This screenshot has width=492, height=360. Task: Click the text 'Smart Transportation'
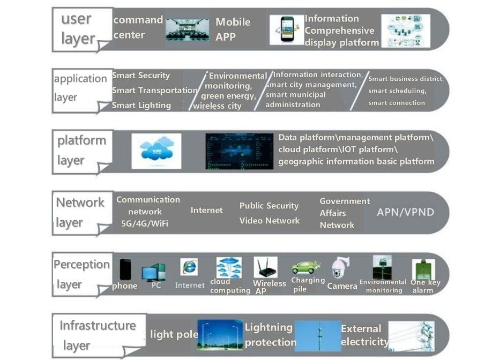point(154,91)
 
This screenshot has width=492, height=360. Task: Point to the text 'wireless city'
point(217,106)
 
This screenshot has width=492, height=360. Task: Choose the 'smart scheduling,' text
point(397,91)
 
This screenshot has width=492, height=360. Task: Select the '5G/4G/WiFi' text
point(145,223)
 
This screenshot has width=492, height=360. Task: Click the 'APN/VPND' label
point(405,212)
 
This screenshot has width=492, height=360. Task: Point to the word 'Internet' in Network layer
point(206,211)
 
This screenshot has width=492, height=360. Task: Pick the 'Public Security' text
point(269,206)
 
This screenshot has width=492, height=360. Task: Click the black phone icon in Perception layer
point(125,269)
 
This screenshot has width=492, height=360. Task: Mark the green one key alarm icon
point(422,269)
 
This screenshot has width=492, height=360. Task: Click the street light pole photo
point(220,334)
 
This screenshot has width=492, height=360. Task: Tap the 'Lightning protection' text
point(270,335)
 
